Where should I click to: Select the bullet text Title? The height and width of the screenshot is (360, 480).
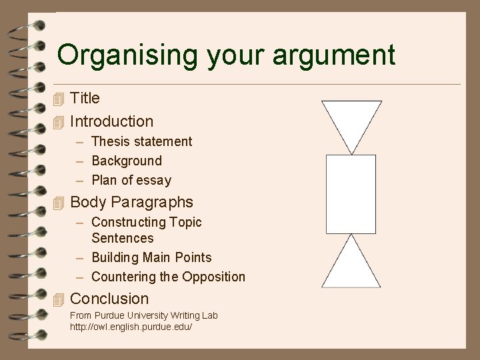(x=85, y=99)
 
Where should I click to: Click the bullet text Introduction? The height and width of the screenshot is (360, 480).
(x=111, y=121)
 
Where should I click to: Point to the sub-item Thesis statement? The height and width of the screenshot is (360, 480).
(x=141, y=141)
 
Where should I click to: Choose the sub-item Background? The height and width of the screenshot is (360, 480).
(x=127, y=161)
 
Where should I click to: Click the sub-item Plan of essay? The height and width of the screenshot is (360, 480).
(x=131, y=180)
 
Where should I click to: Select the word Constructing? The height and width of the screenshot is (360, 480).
(x=128, y=222)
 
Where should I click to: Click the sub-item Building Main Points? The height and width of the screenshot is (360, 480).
(x=151, y=257)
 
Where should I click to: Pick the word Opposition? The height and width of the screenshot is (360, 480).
(x=214, y=277)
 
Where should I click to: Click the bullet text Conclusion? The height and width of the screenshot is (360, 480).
(x=109, y=299)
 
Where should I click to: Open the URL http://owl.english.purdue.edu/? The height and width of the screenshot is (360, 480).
(x=131, y=327)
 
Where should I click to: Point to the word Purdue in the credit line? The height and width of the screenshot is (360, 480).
(x=109, y=315)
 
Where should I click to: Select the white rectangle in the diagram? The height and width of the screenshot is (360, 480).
(x=351, y=194)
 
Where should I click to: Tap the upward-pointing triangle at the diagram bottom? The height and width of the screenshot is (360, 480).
(x=351, y=267)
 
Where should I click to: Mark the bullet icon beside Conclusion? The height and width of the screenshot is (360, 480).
(x=58, y=300)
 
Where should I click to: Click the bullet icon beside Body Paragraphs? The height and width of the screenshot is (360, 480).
(x=58, y=203)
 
